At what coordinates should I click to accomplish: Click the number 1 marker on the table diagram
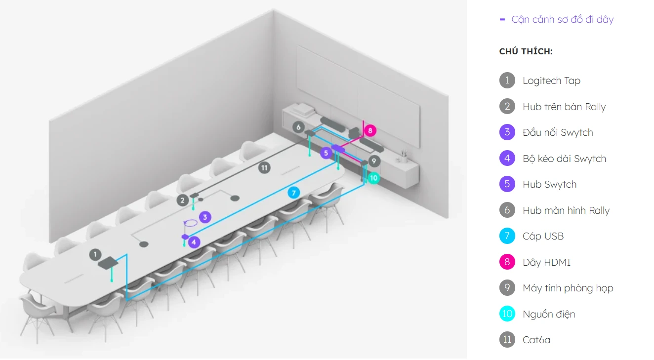coord(95,255)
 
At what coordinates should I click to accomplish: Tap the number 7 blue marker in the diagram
coord(294,193)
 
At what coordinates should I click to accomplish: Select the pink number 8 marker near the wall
coord(370,130)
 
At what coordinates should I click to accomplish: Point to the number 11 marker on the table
coord(264,167)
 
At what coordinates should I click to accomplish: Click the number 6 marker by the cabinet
coord(298,127)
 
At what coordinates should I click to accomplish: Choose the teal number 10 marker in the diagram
coord(373,178)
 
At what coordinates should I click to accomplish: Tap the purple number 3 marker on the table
coord(205,217)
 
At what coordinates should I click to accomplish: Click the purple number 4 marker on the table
coord(194,242)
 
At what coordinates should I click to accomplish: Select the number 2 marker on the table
coord(182,200)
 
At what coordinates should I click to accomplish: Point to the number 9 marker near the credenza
coord(374,161)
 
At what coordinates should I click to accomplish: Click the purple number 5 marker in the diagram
coord(326,153)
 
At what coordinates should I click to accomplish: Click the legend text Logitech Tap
coord(551,80)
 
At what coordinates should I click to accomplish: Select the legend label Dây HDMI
coord(546,262)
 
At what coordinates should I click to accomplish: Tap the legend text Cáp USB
coord(543,236)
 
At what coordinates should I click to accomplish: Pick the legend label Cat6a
coord(536,340)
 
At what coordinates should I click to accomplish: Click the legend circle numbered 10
coord(507,314)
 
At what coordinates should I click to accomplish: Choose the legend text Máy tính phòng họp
coord(568,288)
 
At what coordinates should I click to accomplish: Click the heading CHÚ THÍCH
coord(526,51)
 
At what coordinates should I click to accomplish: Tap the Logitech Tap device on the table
coord(108,263)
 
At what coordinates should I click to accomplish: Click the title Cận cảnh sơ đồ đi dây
coord(562,20)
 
